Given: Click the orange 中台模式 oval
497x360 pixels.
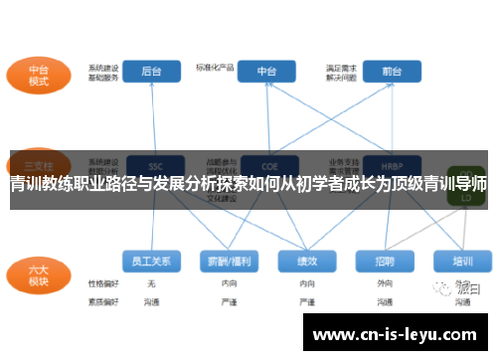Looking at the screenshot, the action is tap(39, 77).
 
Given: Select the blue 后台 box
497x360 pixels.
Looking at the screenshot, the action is tap(151, 71).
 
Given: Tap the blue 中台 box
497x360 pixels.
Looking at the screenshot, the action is tap(267, 71).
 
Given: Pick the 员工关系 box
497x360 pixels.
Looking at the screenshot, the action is tap(151, 261).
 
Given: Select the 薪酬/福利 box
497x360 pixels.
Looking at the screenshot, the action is tap(228, 261).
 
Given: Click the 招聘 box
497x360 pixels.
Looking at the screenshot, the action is tap(385, 261).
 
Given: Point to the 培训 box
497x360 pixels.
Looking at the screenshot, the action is tap(463, 261).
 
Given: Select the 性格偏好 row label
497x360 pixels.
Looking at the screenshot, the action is tap(103, 283).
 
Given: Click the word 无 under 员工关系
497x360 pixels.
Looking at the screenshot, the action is tap(151, 283).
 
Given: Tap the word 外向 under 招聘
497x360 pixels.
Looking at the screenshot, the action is tap(385, 283).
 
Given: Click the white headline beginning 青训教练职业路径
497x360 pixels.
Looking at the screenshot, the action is tap(248, 184).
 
